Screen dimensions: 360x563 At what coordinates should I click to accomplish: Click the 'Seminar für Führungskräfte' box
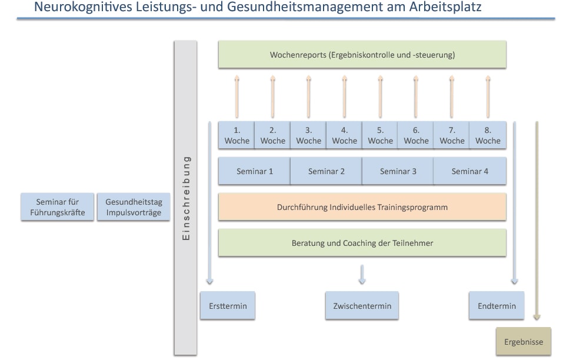pyautogui.click(x=57, y=207)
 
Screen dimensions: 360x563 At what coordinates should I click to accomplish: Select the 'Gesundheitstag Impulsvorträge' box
pyautogui.click(x=133, y=207)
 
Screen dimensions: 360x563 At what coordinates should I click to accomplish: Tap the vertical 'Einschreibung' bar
pyautogui.click(x=185, y=198)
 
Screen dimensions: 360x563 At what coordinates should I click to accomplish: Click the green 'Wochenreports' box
pyautogui.click(x=362, y=55)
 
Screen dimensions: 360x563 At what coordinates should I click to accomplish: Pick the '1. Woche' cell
pyautogui.click(x=236, y=135)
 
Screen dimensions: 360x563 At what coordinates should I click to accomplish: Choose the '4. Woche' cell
pyautogui.click(x=344, y=135)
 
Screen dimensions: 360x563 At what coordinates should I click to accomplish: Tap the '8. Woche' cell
pyautogui.click(x=488, y=135)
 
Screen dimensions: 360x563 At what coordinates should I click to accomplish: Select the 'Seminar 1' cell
pyautogui.click(x=254, y=171)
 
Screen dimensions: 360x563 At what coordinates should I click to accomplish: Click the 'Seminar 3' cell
pyautogui.click(x=398, y=171)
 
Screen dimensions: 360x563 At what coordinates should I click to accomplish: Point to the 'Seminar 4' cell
pyautogui.click(x=469, y=171)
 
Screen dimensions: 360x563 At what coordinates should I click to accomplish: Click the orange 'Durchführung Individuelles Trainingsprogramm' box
pyautogui.click(x=362, y=207)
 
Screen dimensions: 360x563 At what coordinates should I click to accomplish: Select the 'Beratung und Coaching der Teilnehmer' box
pyautogui.click(x=362, y=243)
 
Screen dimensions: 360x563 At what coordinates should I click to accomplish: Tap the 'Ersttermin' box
pyautogui.click(x=228, y=306)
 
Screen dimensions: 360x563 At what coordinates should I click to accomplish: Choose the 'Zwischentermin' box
pyautogui.click(x=362, y=306)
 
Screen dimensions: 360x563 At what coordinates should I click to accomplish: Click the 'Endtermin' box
pyautogui.click(x=497, y=306)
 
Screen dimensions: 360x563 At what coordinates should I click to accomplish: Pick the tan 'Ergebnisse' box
pyautogui.click(x=524, y=342)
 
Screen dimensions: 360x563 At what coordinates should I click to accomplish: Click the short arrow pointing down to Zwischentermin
pyautogui.click(x=362, y=274)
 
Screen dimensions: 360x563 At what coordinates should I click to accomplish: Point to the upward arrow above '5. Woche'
pyautogui.click(x=380, y=96)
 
